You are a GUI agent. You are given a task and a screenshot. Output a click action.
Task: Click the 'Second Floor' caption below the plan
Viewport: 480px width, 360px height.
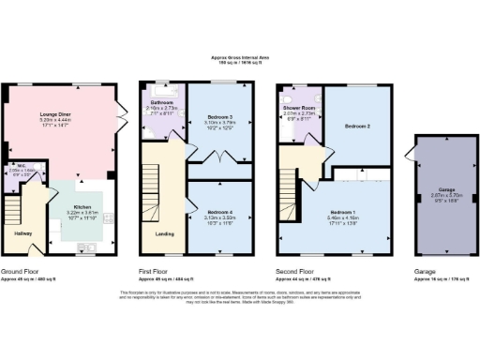pyautogui.click(x=298, y=271)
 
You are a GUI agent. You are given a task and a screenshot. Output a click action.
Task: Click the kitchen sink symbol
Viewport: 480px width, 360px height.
pyautogui.click(x=87, y=248)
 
